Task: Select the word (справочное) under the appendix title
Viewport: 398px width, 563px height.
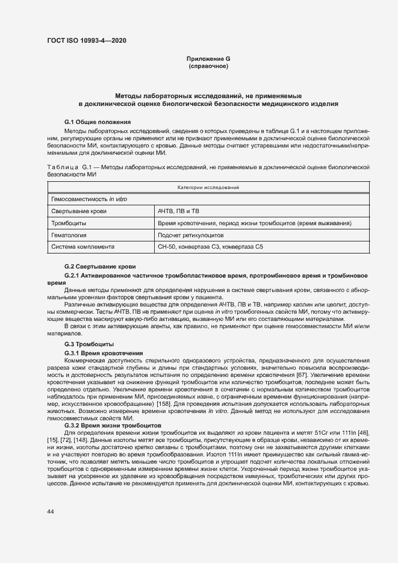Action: [x=208, y=66]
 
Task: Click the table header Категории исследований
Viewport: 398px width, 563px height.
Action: [x=208, y=188]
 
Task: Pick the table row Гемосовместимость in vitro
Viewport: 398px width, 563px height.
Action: [x=89, y=199]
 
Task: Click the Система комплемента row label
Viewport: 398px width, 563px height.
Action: [x=83, y=247]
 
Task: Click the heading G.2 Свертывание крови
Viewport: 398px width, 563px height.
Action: [x=100, y=266]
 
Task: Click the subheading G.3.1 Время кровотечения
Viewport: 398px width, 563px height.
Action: [x=104, y=352]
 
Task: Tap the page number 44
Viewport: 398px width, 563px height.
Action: [x=51, y=511]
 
